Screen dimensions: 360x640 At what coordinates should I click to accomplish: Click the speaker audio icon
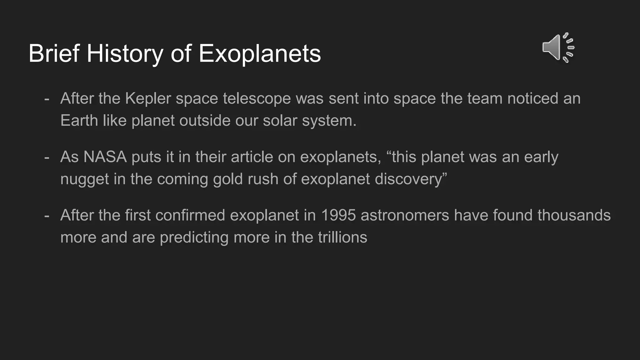click(x=558, y=48)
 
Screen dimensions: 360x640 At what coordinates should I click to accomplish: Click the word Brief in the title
click(x=54, y=53)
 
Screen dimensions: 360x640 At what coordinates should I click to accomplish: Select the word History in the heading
click(x=125, y=53)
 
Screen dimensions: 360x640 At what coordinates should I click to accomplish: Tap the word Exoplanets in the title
click(x=260, y=53)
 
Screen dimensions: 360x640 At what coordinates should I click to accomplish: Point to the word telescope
click(x=257, y=98)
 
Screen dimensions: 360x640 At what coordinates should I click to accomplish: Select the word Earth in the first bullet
click(x=79, y=121)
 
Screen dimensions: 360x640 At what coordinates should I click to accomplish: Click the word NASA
click(x=105, y=157)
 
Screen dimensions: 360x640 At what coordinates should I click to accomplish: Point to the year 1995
click(x=338, y=215)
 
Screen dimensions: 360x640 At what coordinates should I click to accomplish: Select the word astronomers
click(x=405, y=215)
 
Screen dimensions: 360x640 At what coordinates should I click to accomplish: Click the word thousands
click(x=574, y=215)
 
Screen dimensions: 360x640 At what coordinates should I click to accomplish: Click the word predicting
click(x=194, y=237)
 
